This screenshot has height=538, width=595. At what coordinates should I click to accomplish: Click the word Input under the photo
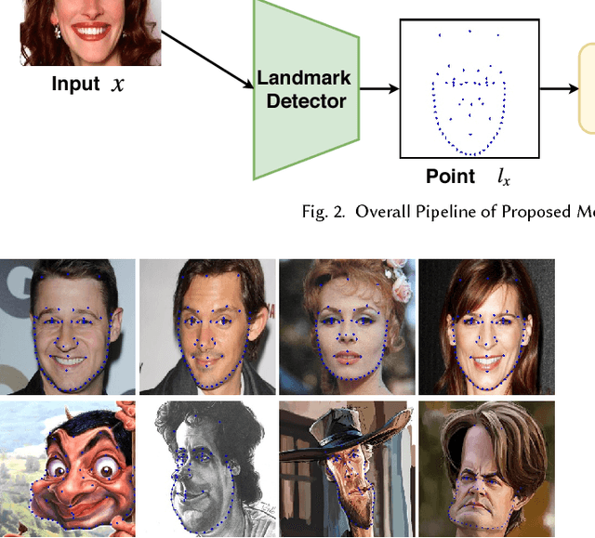pyautogui.click(x=75, y=84)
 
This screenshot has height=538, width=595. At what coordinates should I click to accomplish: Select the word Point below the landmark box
pyautogui.click(x=450, y=177)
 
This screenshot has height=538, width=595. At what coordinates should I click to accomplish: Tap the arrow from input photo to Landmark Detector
pyautogui.click(x=206, y=59)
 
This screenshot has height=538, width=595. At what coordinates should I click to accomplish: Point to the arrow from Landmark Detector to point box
pyautogui.click(x=379, y=88)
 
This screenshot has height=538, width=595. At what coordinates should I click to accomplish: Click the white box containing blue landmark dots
pyautogui.click(x=469, y=89)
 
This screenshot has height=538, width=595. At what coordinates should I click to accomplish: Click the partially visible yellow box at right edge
pyautogui.click(x=588, y=88)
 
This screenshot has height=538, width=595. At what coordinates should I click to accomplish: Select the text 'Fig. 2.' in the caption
pyautogui.click(x=321, y=212)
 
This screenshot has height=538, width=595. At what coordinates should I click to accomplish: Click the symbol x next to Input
pyautogui.click(x=117, y=85)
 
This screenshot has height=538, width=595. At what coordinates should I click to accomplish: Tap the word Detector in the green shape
pyautogui.click(x=306, y=100)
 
